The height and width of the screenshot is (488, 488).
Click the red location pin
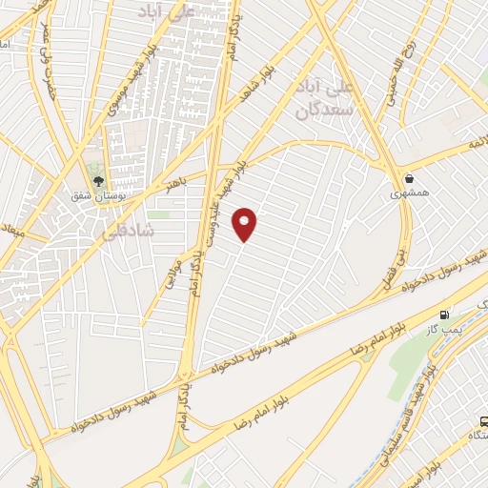(x=246, y=224)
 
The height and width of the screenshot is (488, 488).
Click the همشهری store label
(x=410, y=194)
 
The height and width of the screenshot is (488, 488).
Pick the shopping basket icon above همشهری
(x=410, y=177)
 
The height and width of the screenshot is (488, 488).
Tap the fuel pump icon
(x=444, y=314)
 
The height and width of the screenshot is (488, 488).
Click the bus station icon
(x=481, y=420)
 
